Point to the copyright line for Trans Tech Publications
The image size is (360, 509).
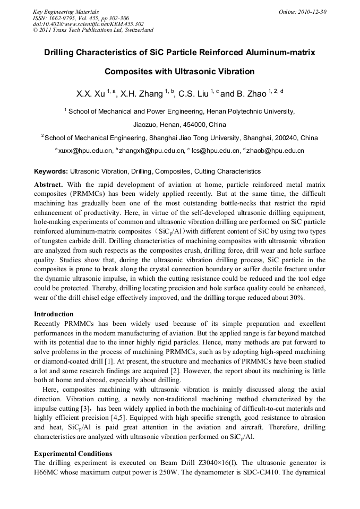[x=93, y=30]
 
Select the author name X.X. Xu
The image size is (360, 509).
[x=91, y=94]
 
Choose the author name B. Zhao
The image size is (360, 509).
[x=250, y=94]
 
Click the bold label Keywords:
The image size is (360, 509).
[x=51, y=171]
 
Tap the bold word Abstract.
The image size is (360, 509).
[x=49, y=184]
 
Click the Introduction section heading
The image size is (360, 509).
[x=54, y=314]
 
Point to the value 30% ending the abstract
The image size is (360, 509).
[x=296, y=298]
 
